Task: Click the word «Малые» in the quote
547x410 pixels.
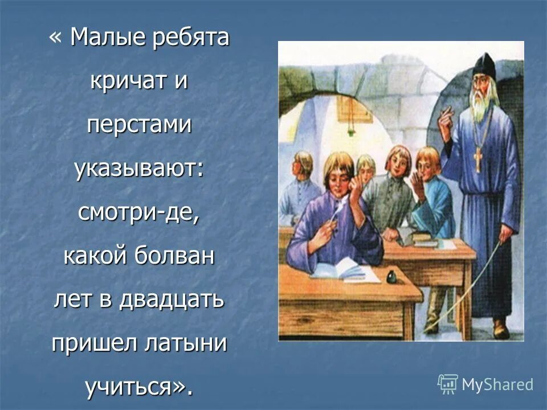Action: click(x=108, y=39)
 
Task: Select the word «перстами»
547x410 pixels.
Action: click(x=140, y=126)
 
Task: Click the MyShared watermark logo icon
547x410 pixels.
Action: click(x=448, y=384)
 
